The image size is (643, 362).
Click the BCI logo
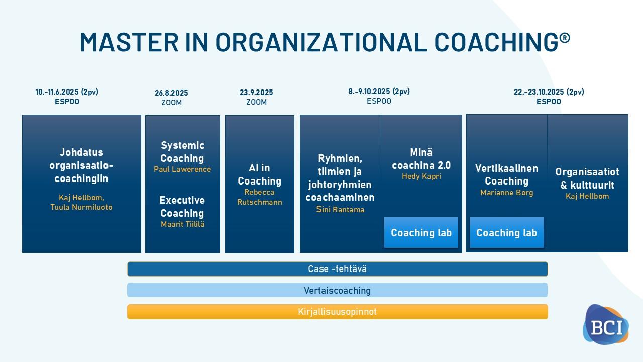pos(606,324)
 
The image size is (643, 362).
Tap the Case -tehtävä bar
pos(337,269)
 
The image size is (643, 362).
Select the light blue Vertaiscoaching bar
pos(337,290)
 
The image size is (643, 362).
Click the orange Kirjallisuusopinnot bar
pos(337,312)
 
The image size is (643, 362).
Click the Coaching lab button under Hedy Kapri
pos(421,232)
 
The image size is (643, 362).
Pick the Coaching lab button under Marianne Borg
pos(507,232)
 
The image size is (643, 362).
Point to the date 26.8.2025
pos(171,93)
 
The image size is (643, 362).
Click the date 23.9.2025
pos(256,93)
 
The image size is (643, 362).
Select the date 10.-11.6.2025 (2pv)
pos(67,92)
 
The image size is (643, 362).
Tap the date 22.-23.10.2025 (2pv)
pos(549,92)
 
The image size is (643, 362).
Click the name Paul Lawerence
pos(182,169)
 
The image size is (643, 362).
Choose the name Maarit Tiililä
pos(182,224)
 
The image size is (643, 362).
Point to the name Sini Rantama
pos(340,210)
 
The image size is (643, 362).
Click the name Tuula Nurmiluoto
pos(81,207)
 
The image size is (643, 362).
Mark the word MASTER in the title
pos(129,42)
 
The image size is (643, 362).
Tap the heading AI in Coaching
pos(260,174)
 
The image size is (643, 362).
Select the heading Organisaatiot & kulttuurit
pos(587,178)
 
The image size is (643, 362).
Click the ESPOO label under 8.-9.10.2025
pos(379,101)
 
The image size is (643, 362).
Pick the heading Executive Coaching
pos(182,207)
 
